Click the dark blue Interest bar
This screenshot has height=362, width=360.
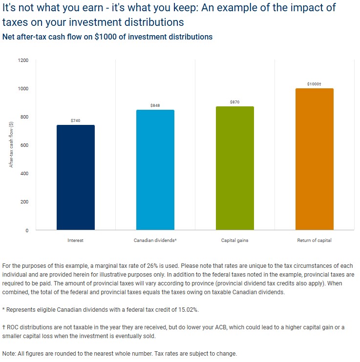[x=76, y=178]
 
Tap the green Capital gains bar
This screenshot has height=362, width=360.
[x=235, y=168]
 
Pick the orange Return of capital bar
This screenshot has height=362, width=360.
[x=315, y=159]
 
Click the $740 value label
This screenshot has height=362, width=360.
[x=76, y=121]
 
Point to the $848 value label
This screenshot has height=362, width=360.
[x=155, y=105]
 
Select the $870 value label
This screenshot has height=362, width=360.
[x=235, y=102]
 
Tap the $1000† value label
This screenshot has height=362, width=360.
[x=315, y=84]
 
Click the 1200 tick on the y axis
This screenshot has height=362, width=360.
[x=23, y=60]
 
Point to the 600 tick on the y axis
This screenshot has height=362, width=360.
[x=24, y=145]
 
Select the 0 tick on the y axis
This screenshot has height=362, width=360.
[x=27, y=230]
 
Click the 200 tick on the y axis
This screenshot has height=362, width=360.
[x=24, y=202]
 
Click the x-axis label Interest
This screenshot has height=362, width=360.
[x=76, y=241]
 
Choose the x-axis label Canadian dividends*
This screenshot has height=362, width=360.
[x=155, y=241]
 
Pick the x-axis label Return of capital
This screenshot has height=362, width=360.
[x=315, y=241]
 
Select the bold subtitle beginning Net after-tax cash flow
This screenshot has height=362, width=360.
[x=107, y=37]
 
